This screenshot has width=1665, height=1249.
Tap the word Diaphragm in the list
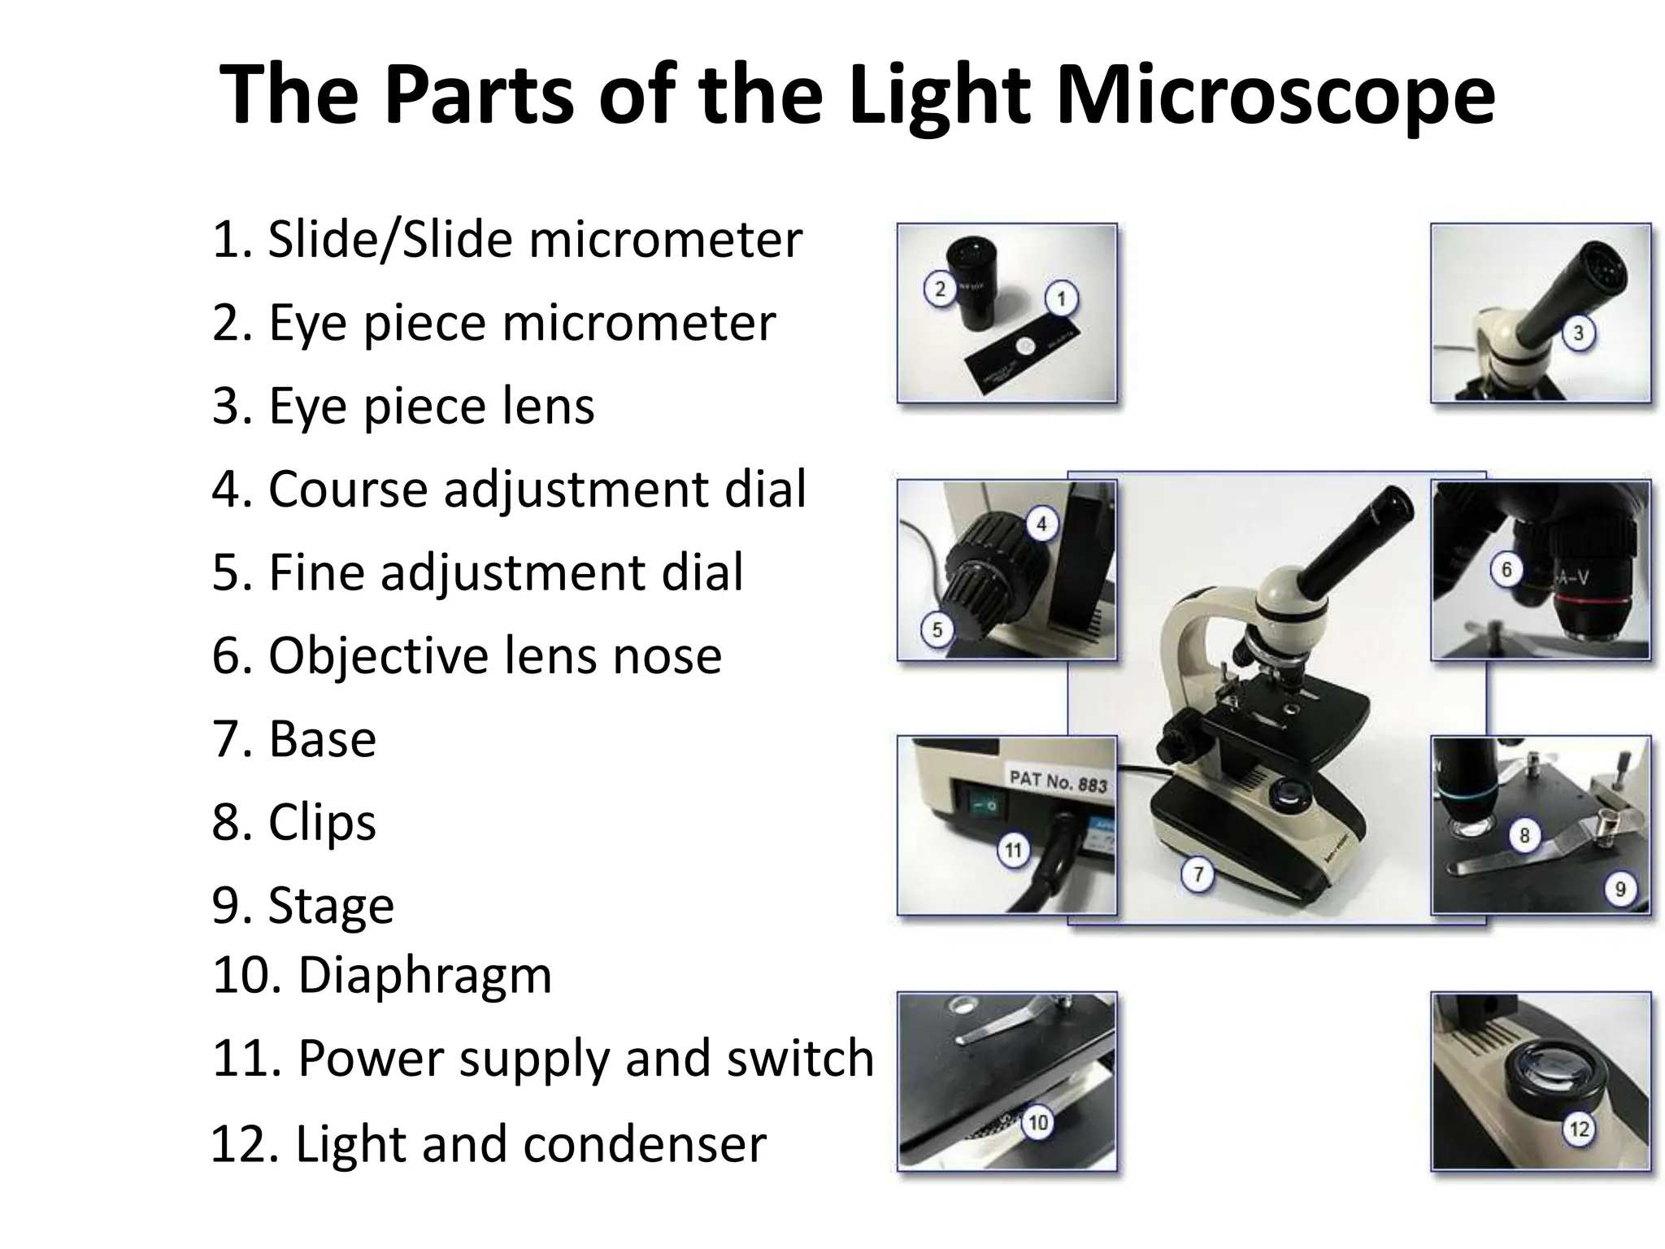coord(424,974)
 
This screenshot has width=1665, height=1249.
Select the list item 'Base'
coord(322,738)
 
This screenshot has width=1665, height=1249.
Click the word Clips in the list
coord(322,821)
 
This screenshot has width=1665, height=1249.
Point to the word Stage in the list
coord(331,904)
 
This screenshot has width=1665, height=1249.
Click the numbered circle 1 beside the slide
coord(1061,299)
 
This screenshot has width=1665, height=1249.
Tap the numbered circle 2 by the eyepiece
coord(940,289)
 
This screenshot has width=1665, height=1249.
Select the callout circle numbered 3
coord(1578,333)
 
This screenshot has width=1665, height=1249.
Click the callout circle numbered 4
coord(1041,524)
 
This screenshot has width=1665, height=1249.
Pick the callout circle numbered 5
coord(937,630)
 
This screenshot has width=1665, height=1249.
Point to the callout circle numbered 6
coord(1506,569)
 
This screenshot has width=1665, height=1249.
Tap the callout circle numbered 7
coord(1198,875)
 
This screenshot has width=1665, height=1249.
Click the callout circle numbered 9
coord(1619,889)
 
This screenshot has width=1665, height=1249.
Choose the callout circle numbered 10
coord(1038,1123)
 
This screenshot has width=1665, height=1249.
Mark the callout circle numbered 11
coord(1013,851)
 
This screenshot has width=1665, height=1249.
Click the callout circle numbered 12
coord(1579,1129)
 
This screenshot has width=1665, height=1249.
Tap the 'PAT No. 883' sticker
coord(1058,781)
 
